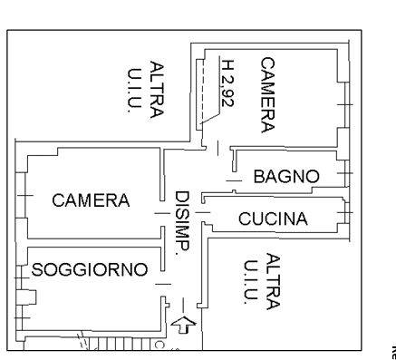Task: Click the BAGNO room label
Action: pyautogui.click(x=286, y=176)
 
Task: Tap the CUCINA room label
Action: pyautogui.click(x=273, y=219)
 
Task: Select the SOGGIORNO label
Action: pyautogui.click(x=90, y=269)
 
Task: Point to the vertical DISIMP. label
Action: pyautogui.click(x=182, y=223)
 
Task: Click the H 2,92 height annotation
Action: pyautogui.click(x=228, y=83)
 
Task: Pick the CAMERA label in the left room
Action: pyautogui.click(x=91, y=200)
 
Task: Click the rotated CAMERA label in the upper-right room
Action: pyautogui.click(x=268, y=95)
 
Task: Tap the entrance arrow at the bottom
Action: pyautogui.click(x=183, y=325)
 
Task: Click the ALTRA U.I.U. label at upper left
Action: pyautogui.click(x=146, y=90)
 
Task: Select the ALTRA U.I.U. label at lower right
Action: pyautogui.click(x=262, y=282)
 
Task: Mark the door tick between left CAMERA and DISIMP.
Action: pyautogui.click(x=162, y=213)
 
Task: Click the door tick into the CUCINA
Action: pyautogui.click(x=203, y=213)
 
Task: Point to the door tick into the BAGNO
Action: pyautogui.click(x=234, y=181)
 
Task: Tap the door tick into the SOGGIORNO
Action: pyautogui.click(x=163, y=284)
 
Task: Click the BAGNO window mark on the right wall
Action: pyautogui.click(x=344, y=173)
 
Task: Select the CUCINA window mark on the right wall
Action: pyautogui.click(x=344, y=213)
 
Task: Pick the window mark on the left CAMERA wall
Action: pyautogui.click(x=25, y=196)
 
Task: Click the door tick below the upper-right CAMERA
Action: pyautogui.click(x=217, y=148)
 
